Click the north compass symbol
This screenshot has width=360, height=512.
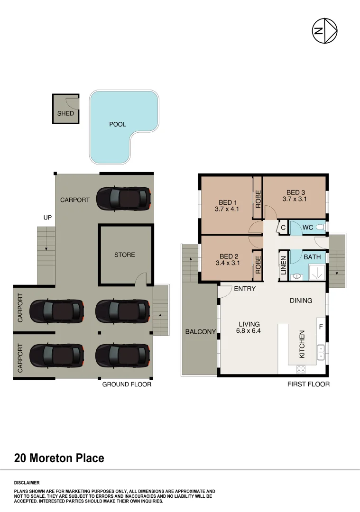click(324, 31)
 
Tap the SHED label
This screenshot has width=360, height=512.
click(65, 114)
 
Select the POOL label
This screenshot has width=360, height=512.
click(118, 125)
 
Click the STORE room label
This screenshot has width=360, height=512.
click(125, 255)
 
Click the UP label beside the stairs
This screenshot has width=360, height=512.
click(48, 218)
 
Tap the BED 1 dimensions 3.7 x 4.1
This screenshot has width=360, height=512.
click(228, 209)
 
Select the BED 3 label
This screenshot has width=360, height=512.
click(295, 192)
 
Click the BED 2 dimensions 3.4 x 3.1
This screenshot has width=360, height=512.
click(229, 263)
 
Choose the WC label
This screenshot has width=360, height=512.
click(308, 228)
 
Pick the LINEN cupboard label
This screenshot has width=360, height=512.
click(284, 265)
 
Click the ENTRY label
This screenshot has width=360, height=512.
click(245, 289)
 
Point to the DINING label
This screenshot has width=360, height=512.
click(301, 301)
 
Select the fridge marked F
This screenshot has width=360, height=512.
click(321, 327)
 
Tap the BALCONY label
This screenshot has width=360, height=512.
click(201, 332)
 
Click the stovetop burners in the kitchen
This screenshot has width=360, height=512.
click(301, 369)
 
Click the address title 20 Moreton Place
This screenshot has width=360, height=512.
click(59, 458)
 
